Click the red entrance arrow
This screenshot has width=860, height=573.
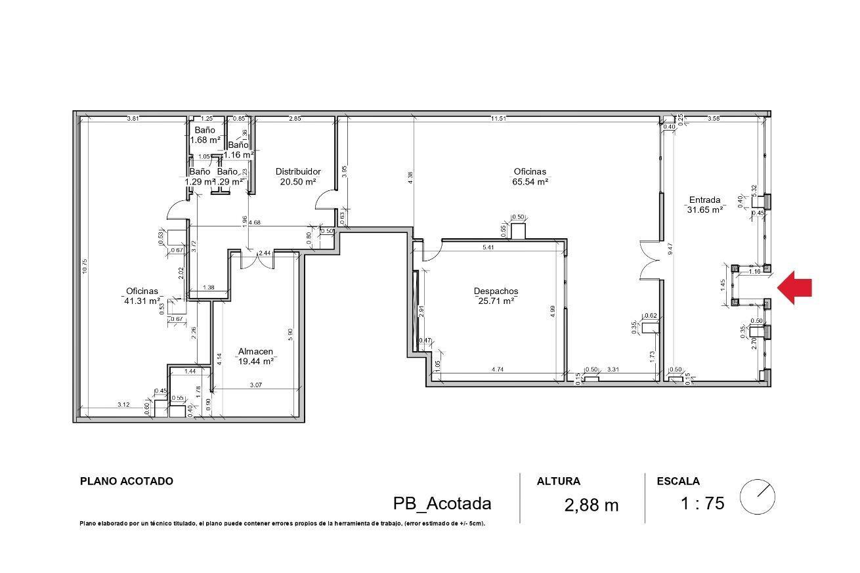click(x=796, y=287)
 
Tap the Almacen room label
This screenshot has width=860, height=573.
click(x=256, y=351)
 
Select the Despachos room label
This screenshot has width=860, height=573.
click(x=496, y=291)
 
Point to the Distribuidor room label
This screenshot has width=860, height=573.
click(x=297, y=171)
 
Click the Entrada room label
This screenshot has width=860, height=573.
click(x=704, y=200)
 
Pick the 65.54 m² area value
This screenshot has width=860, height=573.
click(x=530, y=182)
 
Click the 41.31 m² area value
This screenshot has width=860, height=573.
click(x=142, y=301)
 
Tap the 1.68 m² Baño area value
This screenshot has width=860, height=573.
click(x=205, y=140)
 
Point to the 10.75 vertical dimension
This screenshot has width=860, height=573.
click(x=85, y=269)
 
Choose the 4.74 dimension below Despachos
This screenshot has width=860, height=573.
click(x=497, y=370)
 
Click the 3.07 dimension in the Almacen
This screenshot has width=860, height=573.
click(x=255, y=385)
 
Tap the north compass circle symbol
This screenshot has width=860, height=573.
click(x=757, y=497)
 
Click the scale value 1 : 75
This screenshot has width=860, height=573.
click(x=702, y=503)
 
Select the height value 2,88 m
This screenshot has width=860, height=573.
click(x=591, y=505)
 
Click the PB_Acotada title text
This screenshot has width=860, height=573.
click(x=442, y=503)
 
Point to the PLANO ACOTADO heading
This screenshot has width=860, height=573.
click(x=126, y=481)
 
